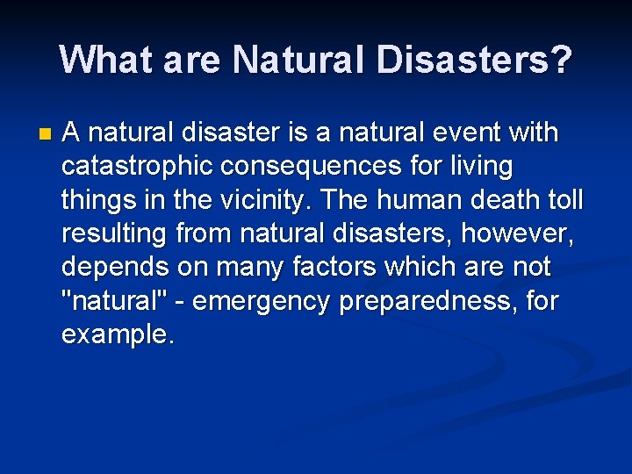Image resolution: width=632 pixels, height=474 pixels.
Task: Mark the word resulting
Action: pyautogui.click(x=115, y=234)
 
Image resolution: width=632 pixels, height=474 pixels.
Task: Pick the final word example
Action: pyautogui.click(x=117, y=334)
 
